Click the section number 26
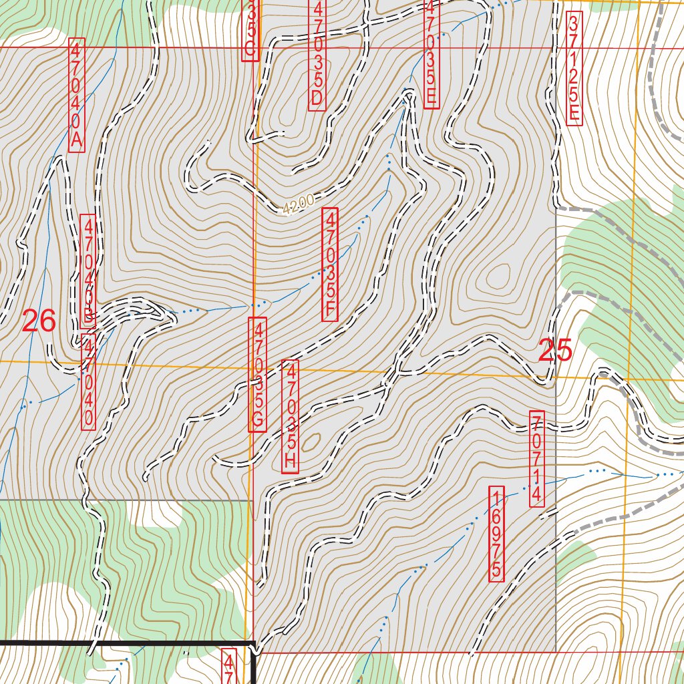[x=39, y=322]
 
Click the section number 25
[x=555, y=351]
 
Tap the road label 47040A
[x=77, y=95]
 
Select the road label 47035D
[x=318, y=54]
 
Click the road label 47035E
[x=431, y=53]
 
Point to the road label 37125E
[x=574, y=67]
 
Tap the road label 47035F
[x=330, y=265]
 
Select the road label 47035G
[x=258, y=374]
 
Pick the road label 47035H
[x=290, y=416]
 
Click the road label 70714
[x=537, y=458]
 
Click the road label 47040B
[x=88, y=271]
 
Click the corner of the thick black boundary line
[x=254, y=644]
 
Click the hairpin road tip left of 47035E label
[x=408, y=93]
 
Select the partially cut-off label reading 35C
[x=250, y=30]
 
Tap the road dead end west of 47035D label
[x=209, y=142]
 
